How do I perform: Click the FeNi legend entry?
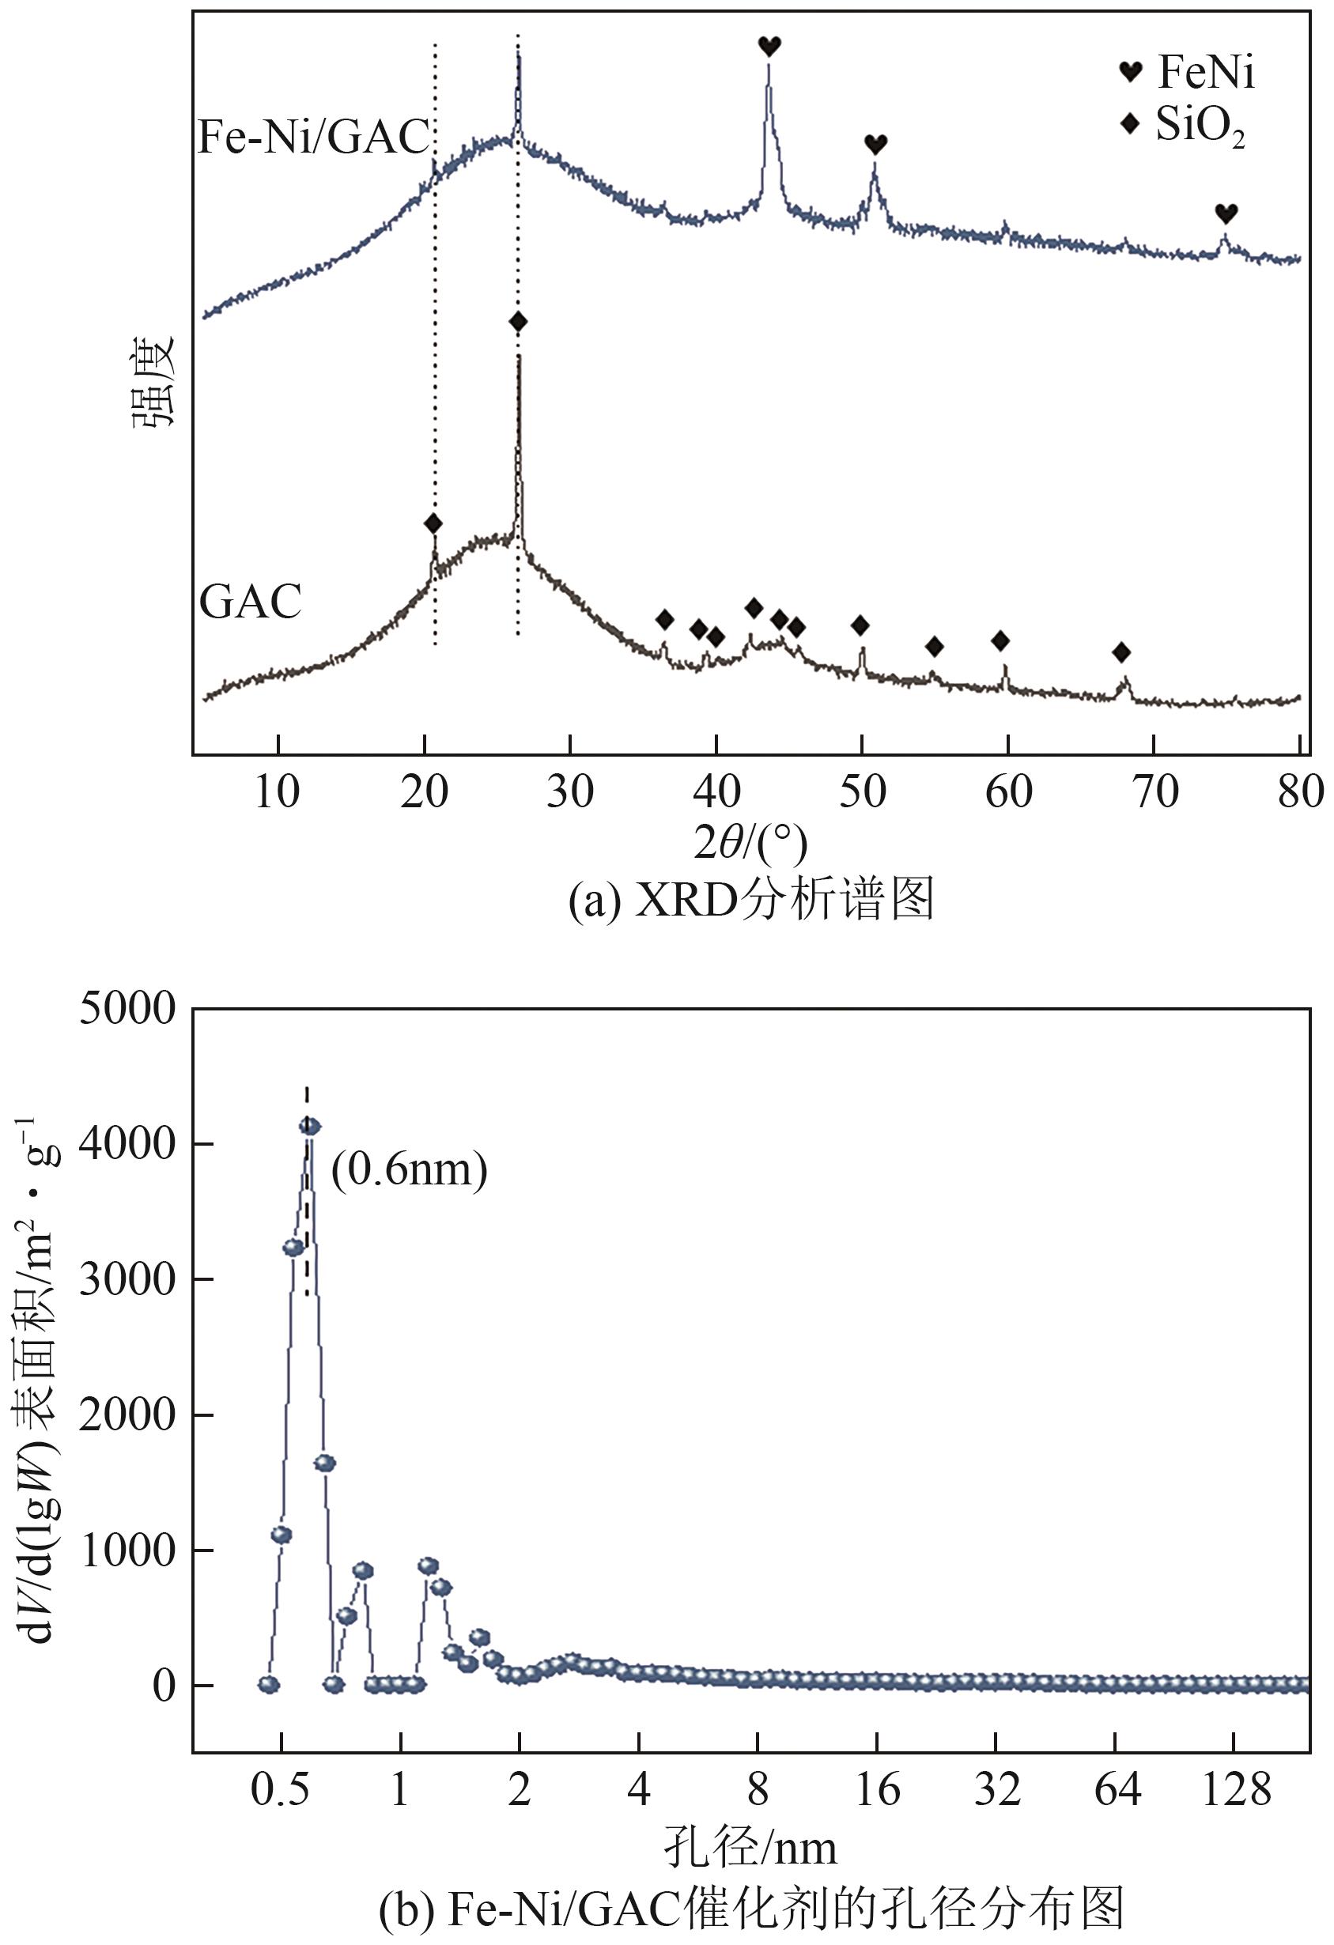click(1189, 72)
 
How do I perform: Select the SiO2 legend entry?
click(1183, 126)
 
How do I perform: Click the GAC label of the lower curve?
click(250, 601)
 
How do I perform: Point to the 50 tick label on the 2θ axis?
click(862, 791)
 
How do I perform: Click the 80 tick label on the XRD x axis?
click(1300, 791)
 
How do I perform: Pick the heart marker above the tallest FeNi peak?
click(769, 46)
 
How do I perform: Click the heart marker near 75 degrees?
click(1226, 213)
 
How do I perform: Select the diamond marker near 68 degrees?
click(1121, 652)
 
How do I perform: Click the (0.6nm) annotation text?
click(410, 1169)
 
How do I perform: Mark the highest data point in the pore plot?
click(310, 1127)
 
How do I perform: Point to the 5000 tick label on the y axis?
click(127, 1010)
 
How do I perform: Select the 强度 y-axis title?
click(153, 381)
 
